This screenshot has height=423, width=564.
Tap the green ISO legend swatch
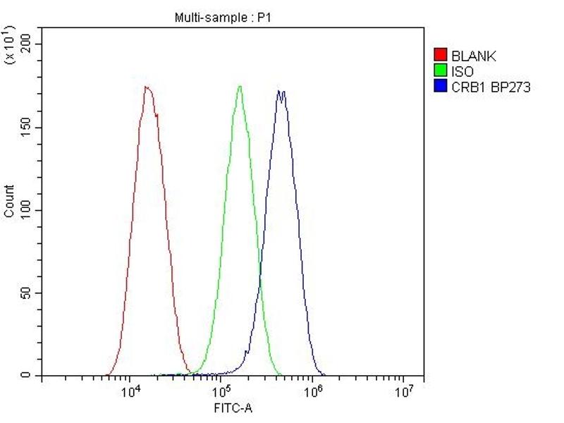coord(441,71)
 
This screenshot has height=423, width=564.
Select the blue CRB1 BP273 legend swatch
coord(441,87)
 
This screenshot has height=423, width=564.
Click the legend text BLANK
coord(474,56)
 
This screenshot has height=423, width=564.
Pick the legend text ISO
coord(462,71)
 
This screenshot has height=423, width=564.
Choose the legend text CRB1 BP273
coord(491,87)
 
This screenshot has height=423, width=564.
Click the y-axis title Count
coord(9,201)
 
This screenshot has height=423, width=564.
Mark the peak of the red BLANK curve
coord(146,87)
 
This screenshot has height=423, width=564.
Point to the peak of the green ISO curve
coord(240,86)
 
